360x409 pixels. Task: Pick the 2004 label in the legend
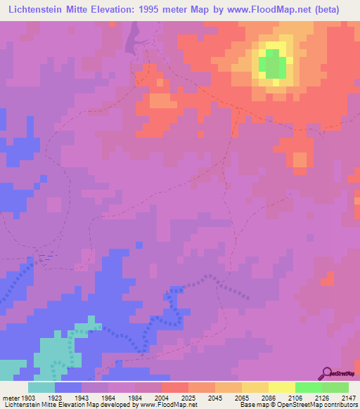coord(162,397)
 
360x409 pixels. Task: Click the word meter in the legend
coord(9,397)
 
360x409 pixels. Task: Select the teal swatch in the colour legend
coord(41,387)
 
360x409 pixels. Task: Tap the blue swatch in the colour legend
coord(68,387)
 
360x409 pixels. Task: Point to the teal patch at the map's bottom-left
coord(49,355)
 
